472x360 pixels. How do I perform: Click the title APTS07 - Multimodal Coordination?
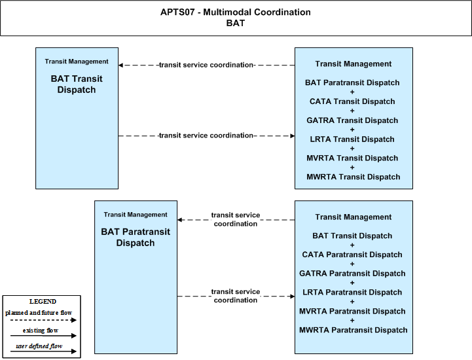[x=236, y=12]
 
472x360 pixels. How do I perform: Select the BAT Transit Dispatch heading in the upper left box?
[x=77, y=84]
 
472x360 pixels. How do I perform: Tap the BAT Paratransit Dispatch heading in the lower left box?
[x=136, y=237]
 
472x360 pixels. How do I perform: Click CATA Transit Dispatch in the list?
[x=352, y=101]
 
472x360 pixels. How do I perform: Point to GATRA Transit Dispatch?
[x=352, y=120]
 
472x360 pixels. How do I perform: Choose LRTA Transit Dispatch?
[x=352, y=139]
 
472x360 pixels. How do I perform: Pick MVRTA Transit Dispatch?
[x=352, y=158]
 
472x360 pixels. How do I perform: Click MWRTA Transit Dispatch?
[x=354, y=177]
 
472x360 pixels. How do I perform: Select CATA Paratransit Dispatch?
[x=352, y=255]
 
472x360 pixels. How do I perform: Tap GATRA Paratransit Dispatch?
[x=352, y=274]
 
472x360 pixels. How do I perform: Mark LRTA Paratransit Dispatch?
[x=352, y=293]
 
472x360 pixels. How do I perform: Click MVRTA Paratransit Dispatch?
[x=352, y=312]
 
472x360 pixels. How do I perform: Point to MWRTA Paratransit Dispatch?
[x=354, y=330]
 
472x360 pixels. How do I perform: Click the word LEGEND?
[x=43, y=302]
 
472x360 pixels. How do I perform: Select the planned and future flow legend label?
[x=39, y=313]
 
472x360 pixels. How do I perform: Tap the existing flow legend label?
[x=41, y=331]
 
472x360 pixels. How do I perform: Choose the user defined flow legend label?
[x=39, y=346]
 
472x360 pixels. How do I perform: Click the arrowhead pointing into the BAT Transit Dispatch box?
[x=120, y=65]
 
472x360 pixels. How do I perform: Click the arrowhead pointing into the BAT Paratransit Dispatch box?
[x=179, y=220]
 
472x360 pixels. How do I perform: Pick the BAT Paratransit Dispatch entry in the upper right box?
[x=352, y=82]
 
